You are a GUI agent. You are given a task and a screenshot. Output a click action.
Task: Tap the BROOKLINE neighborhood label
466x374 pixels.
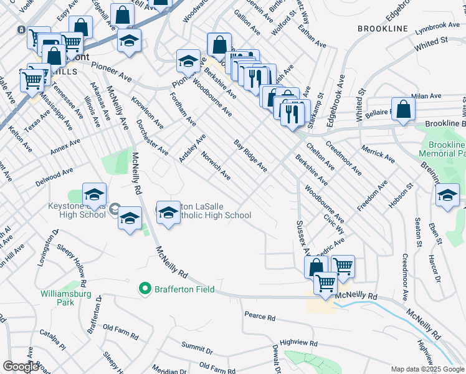coord(383,29)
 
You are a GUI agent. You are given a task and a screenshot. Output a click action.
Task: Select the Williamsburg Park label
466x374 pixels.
coord(65,298)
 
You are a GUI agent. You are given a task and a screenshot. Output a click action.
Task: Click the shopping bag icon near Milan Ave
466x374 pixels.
coord(404,108)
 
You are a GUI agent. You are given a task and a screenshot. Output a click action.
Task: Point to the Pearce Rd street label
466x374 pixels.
coord(260,317)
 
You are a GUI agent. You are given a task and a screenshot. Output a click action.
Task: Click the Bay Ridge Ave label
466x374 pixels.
coord(250,156)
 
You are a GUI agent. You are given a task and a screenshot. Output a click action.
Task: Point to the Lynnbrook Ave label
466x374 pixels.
coord(437,29)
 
